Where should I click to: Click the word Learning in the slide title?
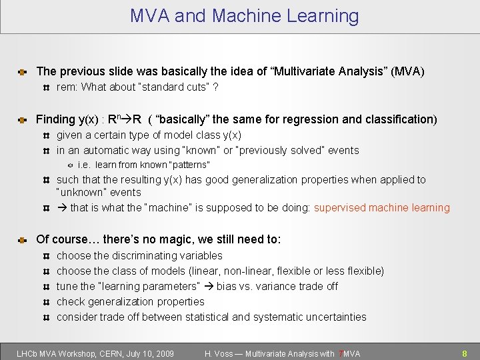point(319,16)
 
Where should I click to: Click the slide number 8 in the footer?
point(465,354)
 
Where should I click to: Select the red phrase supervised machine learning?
point(382,208)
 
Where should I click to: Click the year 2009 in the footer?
point(163,354)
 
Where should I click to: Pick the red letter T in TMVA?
point(341,354)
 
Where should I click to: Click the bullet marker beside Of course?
point(22,240)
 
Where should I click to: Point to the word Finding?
point(55,119)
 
